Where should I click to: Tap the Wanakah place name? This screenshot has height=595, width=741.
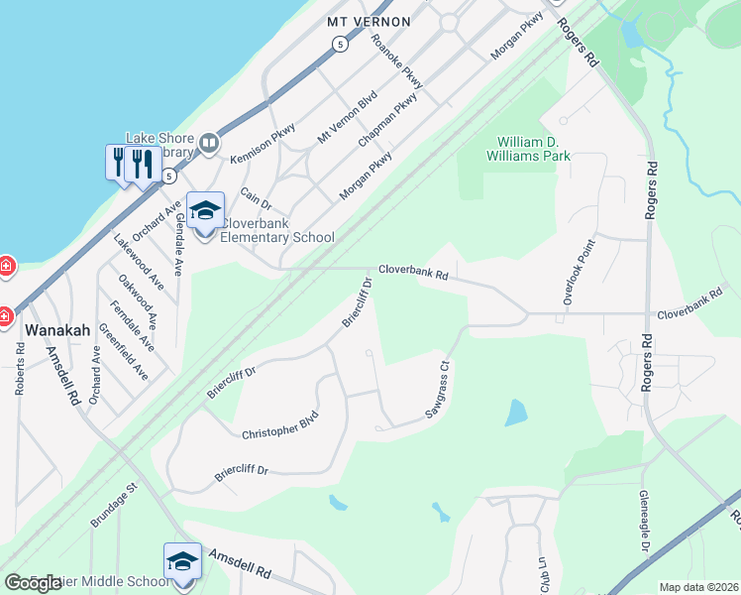pos(57,330)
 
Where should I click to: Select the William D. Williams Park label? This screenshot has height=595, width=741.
pos(534,149)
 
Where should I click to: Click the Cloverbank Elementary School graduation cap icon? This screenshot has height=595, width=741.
pos(205,211)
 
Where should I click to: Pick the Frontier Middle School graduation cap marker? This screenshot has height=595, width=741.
pos(182,562)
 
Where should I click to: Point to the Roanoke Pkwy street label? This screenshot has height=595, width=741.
pos(396,61)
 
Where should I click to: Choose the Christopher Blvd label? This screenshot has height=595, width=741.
pos(280,425)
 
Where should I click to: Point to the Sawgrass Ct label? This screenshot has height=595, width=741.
pos(438,390)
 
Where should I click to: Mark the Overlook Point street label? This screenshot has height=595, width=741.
pos(579,271)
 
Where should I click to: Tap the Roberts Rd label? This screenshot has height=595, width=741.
pos(20,370)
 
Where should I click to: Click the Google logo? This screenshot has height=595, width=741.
pos(33,583)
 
